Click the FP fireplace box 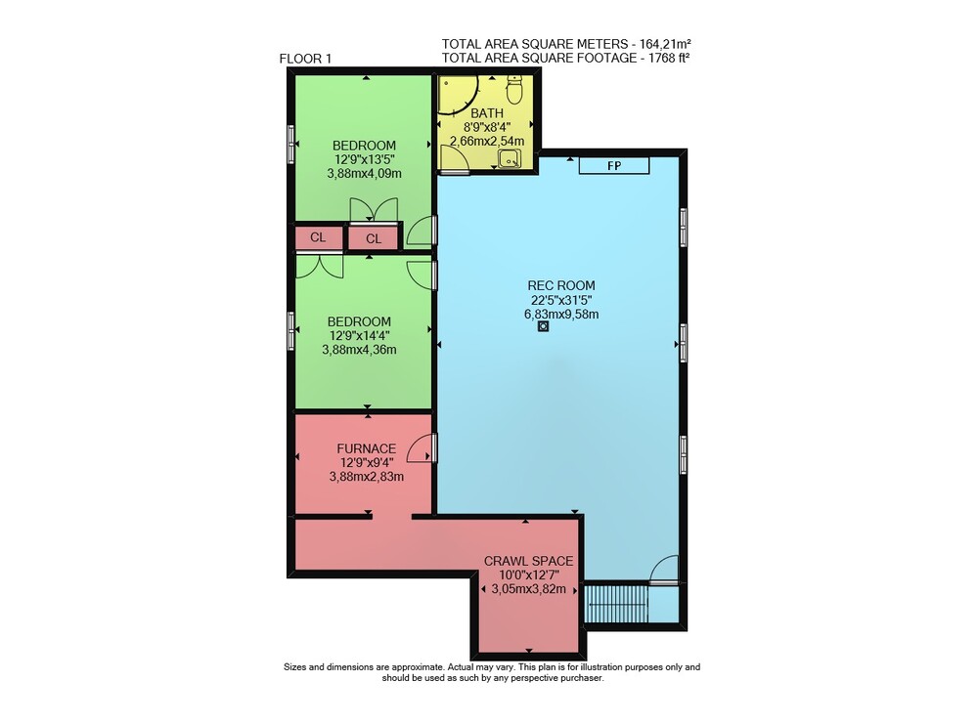614,165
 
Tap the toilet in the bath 514,89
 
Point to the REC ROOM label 561,285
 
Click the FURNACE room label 366,448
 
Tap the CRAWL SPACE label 528,561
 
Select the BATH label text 487,113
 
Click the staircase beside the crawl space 616,603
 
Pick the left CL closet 319,237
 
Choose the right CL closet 373,238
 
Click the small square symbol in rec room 543,326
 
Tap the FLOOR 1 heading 305,60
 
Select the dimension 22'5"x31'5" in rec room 561,300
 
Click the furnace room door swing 420,448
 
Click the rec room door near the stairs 663,569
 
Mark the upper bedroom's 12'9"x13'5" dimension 365,159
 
